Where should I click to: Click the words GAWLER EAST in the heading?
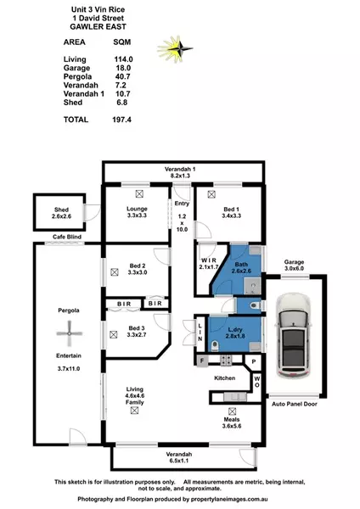click(x=94, y=25)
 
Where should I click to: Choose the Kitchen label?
click(x=223, y=377)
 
